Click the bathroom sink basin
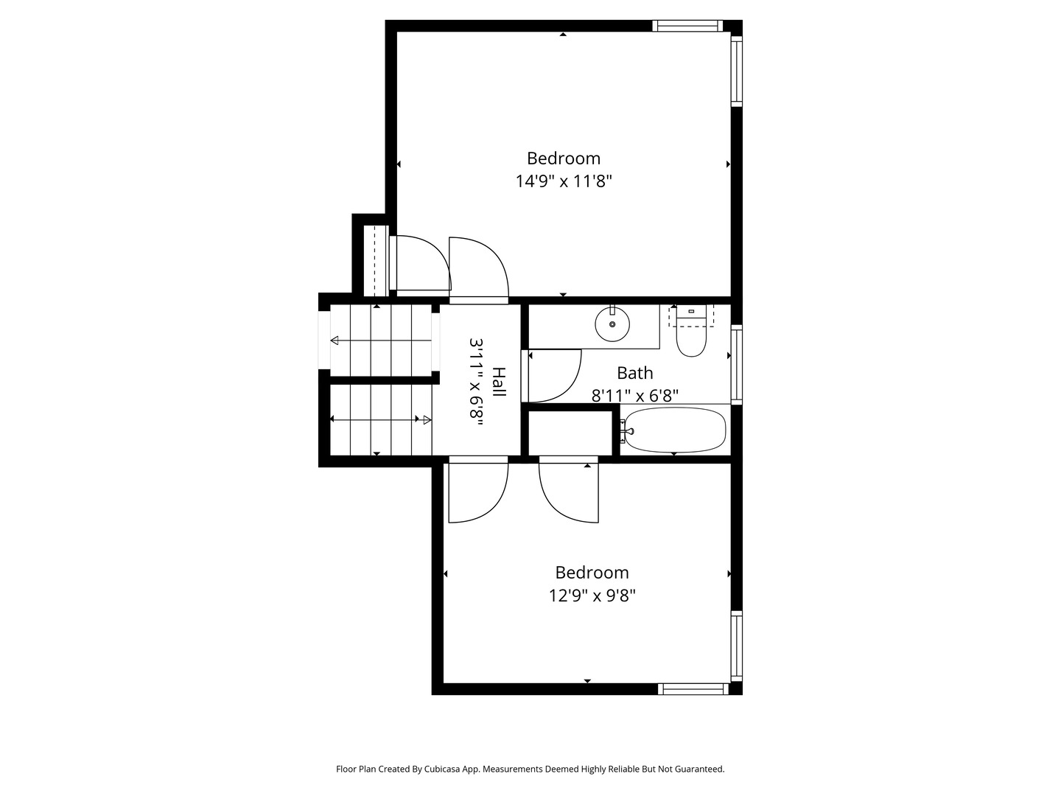tap(612, 324)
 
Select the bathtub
tap(675, 430)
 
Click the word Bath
tap(634, 373)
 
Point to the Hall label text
tap(499, 382)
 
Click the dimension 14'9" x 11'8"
tap(564, 181)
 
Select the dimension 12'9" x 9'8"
tap(592, 596)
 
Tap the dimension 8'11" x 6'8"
tap(634, 396)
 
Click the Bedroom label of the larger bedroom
tap(564, 158)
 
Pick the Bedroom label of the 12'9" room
tap(592, 572)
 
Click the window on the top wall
tap(687, 26)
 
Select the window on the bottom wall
tap(693, 688)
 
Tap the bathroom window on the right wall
tap(737, 365)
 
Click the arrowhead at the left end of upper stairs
tap(334, 341)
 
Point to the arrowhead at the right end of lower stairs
tap(427, 420)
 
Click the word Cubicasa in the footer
tap(441, 769)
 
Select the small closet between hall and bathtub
tap(570, 433)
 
